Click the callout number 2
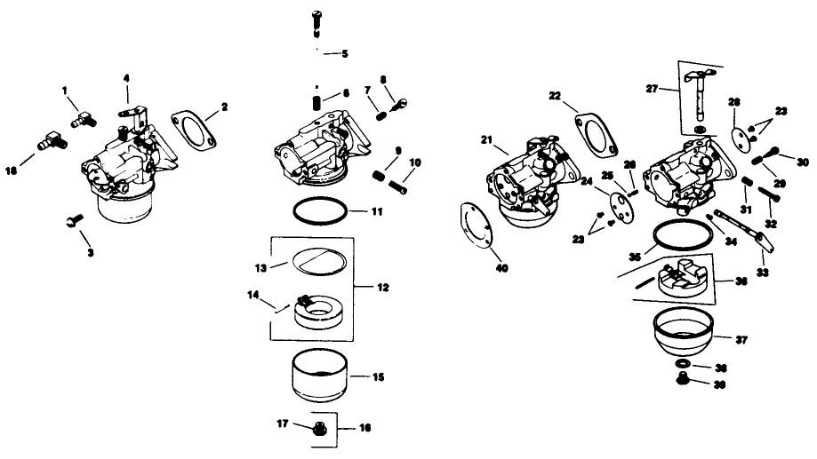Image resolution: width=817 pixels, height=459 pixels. tap(224, 107)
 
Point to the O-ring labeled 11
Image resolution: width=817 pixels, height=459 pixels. tap(318, 213)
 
